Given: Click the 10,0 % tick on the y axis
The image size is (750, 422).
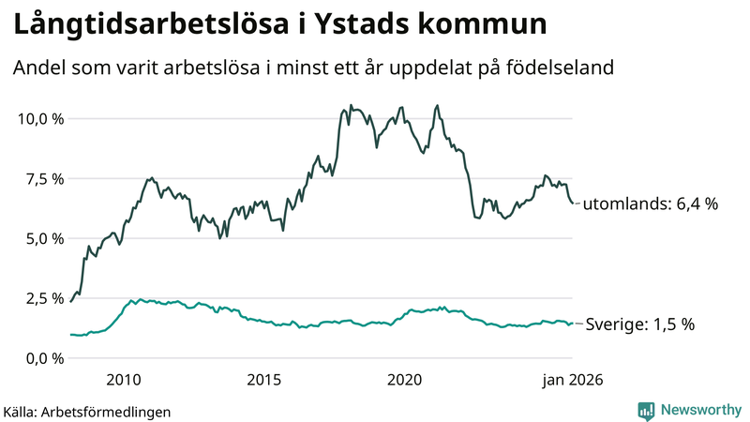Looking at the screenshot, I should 39,119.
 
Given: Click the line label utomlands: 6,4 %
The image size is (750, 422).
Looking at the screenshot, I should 650,203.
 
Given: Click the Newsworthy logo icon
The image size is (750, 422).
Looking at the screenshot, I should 646,410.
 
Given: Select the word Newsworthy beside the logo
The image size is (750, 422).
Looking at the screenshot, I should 698,410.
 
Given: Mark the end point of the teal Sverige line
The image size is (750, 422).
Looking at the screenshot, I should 574,323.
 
